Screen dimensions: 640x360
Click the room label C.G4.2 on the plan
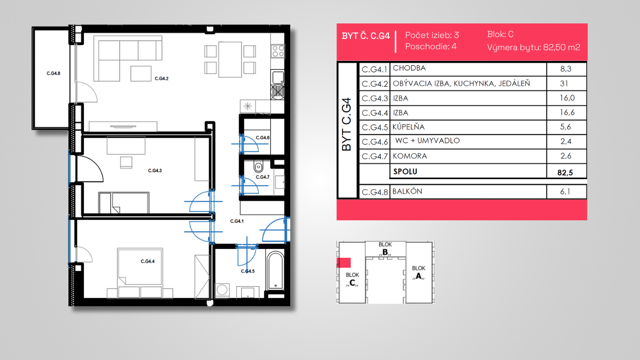tap(162, 79)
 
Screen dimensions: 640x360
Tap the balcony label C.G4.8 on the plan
tap(53, 74)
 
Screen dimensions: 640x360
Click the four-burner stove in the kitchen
tap(278, 51)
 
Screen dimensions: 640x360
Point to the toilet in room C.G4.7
tap(258, 166)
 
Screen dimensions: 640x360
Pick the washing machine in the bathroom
tap(222, 291)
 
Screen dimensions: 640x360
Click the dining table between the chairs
tap(230, 60)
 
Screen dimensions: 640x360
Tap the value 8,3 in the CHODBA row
tap(566, 69)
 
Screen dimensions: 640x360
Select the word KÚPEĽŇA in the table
tap(408, 127)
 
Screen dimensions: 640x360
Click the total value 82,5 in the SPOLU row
tap(565, 172)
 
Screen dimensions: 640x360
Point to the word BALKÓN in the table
tap(407, 191)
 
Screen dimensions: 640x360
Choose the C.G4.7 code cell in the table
tap(374, 157)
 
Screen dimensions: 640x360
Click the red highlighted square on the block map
tap(343, 263)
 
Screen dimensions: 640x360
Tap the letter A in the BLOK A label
tap(418, 276)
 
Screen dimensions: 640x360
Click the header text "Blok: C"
tap(500, 34)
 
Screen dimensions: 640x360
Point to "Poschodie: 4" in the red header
tap(431, 46)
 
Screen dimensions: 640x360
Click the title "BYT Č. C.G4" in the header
tap(366, 36)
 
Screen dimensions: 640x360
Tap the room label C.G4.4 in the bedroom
tap(148, 262)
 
